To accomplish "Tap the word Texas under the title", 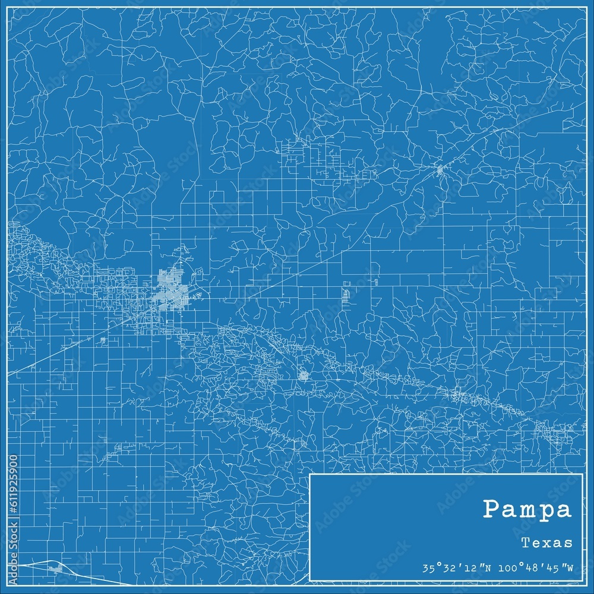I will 548,542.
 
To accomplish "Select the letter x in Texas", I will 549,542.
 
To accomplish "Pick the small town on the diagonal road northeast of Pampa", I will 440,170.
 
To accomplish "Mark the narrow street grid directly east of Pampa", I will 346,294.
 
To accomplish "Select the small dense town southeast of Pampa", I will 303,375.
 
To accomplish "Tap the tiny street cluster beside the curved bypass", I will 56,570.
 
